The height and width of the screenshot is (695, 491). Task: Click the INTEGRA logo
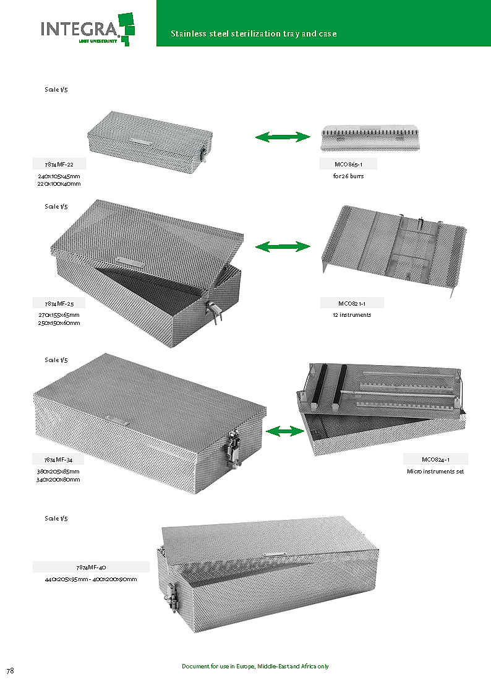pos(87,28)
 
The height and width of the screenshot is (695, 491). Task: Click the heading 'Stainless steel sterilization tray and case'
pos(254,33)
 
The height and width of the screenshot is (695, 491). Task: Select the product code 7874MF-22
pos(59,164)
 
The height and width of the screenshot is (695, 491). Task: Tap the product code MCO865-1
pos(348,164)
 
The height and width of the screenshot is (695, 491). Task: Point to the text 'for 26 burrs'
pos(348,176)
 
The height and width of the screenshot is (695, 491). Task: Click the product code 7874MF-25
pos(59,303)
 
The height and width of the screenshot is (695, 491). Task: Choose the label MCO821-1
pos(352,303)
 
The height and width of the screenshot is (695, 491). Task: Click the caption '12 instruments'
pos(352,315)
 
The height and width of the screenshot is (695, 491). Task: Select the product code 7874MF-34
pos(59,460)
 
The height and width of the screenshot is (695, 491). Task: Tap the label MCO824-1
pos(435,459)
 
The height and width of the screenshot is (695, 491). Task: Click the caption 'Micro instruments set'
pos(435,472)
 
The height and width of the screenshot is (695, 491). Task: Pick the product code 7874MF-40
pos(91,567)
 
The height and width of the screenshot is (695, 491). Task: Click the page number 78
pos(11,671)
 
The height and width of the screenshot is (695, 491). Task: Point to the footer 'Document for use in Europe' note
pos(255,667)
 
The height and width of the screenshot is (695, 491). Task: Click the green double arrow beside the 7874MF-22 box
pos(283,137)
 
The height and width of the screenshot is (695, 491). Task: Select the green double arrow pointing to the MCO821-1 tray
pos(283,247)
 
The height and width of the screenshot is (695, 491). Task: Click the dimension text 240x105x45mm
pos(59,176)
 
